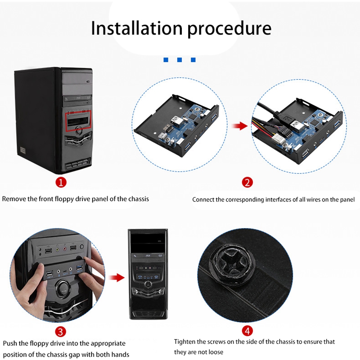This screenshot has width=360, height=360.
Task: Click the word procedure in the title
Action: click(230, 29)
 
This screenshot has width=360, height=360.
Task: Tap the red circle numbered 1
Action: click(61, 182)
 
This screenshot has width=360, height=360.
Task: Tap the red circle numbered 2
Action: click(247, 182)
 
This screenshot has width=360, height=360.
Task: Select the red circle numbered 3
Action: click(61, 332)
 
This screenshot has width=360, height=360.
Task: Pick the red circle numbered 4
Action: click(247, 332)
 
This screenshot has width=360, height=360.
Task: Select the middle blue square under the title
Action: click(180, 59)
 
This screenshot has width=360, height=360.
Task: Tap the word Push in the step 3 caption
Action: click(10, 343)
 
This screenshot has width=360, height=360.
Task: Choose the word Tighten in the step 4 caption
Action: click(186, 342)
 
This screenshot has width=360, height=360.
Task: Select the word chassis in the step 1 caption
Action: click(138, 198)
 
